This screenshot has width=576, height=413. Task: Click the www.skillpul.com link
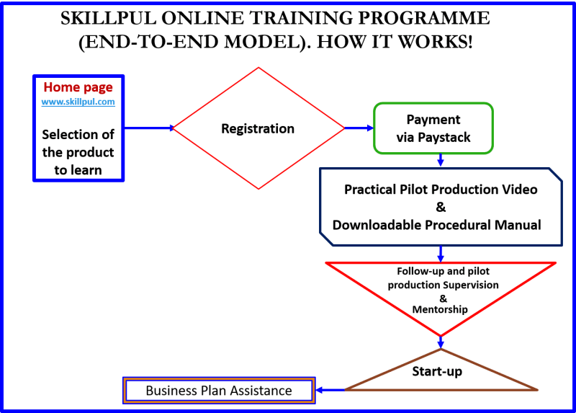tap(78, 102)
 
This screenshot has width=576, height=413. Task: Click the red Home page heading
tap(78, 87)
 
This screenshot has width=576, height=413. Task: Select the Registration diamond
tap(258, 128)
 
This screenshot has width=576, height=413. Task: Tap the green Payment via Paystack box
tap(433, 128)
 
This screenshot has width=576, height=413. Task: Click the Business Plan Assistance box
tap(219, 391)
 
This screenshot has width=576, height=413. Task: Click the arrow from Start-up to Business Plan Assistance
tap(330, 391)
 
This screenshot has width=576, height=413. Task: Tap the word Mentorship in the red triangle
tap(440, 309)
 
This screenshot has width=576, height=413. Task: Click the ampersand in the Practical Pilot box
tap(441, 208)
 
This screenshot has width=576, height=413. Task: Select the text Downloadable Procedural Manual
tap(436, 225)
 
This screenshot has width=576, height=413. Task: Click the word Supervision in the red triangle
tap(465, 285)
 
